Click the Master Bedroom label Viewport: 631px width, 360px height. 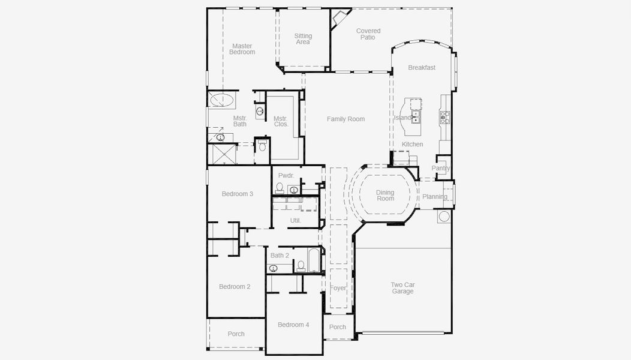click(x=242, y=49)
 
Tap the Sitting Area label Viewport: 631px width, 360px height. click(x=303, y=39)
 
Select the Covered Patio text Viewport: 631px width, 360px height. click(x=368, y=34)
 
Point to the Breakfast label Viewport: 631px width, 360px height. click(x=421, y=68)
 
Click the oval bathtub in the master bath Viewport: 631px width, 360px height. click(x=221, y=100)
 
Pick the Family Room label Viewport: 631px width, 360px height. click(x=345, y=119)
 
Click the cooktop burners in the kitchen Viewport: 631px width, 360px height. click(x=444, y=117)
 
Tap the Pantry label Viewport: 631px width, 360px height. click(x=441, y=168)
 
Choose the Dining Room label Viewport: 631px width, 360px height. click(x=385, y=196)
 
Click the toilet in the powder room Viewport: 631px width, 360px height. click(x=280, y=188)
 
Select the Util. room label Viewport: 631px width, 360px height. click(x=295, y=221)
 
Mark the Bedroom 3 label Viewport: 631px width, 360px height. click(x=238, y=194)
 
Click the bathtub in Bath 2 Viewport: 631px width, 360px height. click(x=314, y=260)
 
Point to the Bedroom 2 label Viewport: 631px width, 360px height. click(x=235, y=287)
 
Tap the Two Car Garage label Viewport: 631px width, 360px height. click(x=402, y=288)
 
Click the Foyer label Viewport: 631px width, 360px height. click(x=338, y=289)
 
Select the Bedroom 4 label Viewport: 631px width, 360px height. click(x=293, y=325)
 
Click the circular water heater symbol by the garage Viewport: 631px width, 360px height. click(x=444, y=216)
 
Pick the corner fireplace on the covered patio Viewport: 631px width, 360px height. click(x=338, y=19)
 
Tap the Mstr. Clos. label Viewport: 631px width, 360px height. click(x=281, y=121)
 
